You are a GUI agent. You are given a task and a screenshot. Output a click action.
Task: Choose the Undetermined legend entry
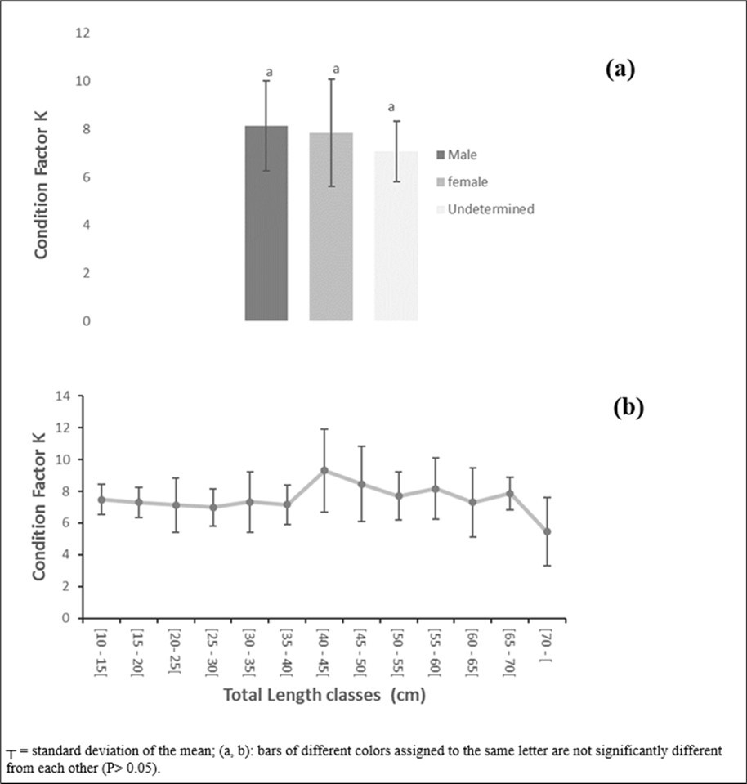[x=495, y=209]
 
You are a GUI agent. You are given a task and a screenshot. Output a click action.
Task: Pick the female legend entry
[x=467, y=181]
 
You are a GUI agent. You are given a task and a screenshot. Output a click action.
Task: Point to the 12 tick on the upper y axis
[x=83, y=34]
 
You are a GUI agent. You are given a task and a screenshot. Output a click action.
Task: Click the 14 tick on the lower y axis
[x=64, y=396]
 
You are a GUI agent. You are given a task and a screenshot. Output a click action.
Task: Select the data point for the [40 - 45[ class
[x=324, y=470]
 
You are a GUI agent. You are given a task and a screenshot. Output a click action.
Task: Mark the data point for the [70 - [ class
[x=548, y=531]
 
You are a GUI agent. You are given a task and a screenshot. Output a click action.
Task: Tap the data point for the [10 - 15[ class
[x=101, y=500]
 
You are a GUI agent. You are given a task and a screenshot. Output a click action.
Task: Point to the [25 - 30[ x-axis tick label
[x=213, y=652]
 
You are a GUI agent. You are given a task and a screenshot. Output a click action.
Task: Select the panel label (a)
[x=620, y=69]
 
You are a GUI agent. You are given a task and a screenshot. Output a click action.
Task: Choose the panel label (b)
[x=628, y=407]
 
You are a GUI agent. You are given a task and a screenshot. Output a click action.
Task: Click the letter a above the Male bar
[x=268, y=73]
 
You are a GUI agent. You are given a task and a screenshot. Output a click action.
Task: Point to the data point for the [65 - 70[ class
[x=510, y=493]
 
